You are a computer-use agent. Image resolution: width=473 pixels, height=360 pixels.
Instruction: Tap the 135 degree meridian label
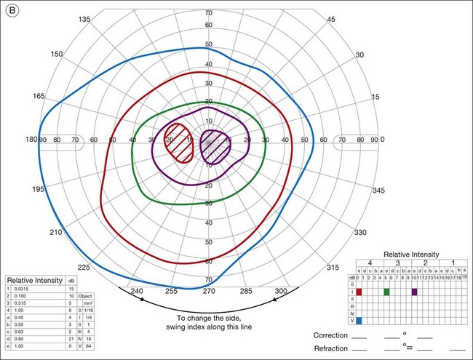[105, 20]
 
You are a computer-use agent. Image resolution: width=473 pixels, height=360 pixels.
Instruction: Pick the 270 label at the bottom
[209, 291]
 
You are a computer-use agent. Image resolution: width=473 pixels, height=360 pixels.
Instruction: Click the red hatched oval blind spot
[178, 143]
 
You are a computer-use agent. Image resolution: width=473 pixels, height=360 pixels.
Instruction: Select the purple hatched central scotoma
[215, 143]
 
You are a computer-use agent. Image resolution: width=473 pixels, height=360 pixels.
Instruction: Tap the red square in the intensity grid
[359, 292]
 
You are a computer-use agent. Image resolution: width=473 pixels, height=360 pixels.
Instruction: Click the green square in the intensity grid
[386, 292]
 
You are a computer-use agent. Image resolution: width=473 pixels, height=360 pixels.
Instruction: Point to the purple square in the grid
[414, 292]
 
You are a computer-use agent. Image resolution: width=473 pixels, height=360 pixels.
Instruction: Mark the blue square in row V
[359, 320]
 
